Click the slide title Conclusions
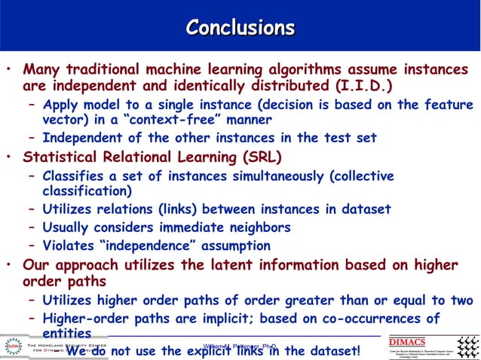(x=240, y=28)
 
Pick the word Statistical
(x=60, y=157)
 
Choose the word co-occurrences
(x=369, y=319)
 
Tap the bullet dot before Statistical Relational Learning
(x=8, y=158)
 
